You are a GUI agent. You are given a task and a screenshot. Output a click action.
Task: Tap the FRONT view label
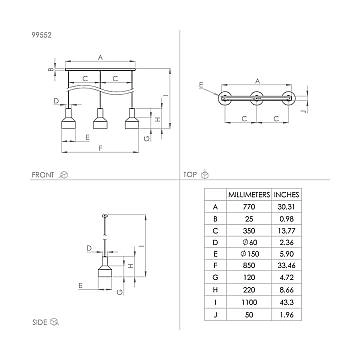coord(42,174)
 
